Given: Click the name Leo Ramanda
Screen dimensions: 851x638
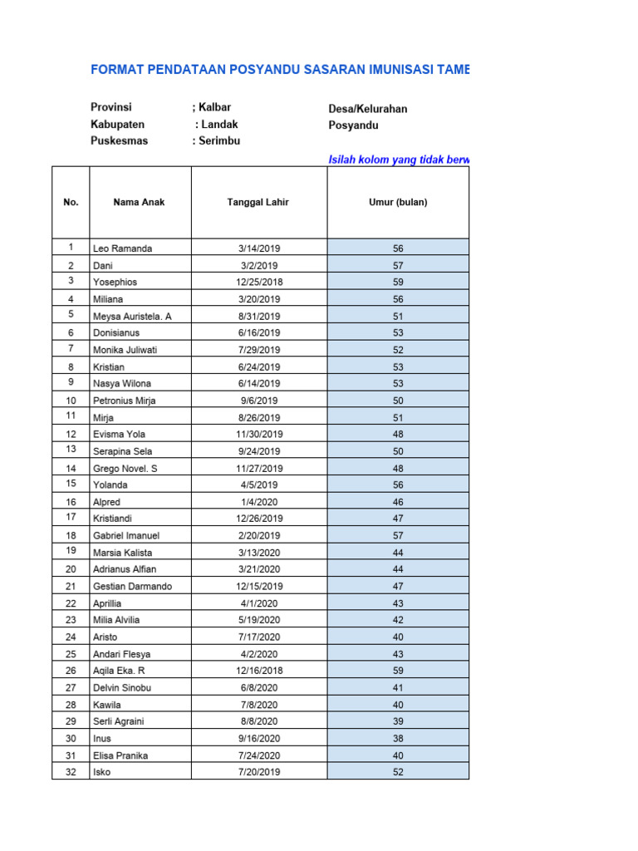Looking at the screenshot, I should pyautogui.click(x=122, y=248).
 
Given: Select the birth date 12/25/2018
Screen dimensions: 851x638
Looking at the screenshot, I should pyautogui.click(x=258, y=282).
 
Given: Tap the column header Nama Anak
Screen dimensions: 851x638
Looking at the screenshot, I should pyautogui.click(x=139, y=202).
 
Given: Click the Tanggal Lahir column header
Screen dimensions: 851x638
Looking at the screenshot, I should pyautogui.click(x=258, y=202).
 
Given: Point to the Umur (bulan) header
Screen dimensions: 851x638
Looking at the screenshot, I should pyautogui.click(x=398, y=202).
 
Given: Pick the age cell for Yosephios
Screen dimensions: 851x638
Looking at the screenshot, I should pyautogui.click(x=398, y=282).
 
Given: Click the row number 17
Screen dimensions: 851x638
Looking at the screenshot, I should pyautogui.click(x=71, y=518).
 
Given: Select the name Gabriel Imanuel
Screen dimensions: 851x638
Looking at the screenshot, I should pyautogui.click(x=126, y=535).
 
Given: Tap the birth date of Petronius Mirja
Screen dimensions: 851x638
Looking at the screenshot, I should pyautogui.click(x=258, y=401).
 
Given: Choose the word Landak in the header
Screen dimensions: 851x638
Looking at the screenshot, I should pyautogui.click(x=219, y=125).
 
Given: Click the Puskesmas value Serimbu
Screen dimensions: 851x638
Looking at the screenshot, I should pyautogui.click(x=219, y=140).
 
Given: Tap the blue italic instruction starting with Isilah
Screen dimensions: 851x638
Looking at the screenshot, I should pyautogui.click(x=399, y=159).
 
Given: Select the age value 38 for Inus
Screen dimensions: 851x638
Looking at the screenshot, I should pyautogui.click(x=398, y=738).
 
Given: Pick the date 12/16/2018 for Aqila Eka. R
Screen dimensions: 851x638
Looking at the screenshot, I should pyautogui.click(x=258, y=670).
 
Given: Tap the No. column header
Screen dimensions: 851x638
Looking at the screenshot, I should pyautogui.click(x=71, y=202).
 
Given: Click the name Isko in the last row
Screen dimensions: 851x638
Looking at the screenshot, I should pyautogui.click(x=101, y=771).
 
